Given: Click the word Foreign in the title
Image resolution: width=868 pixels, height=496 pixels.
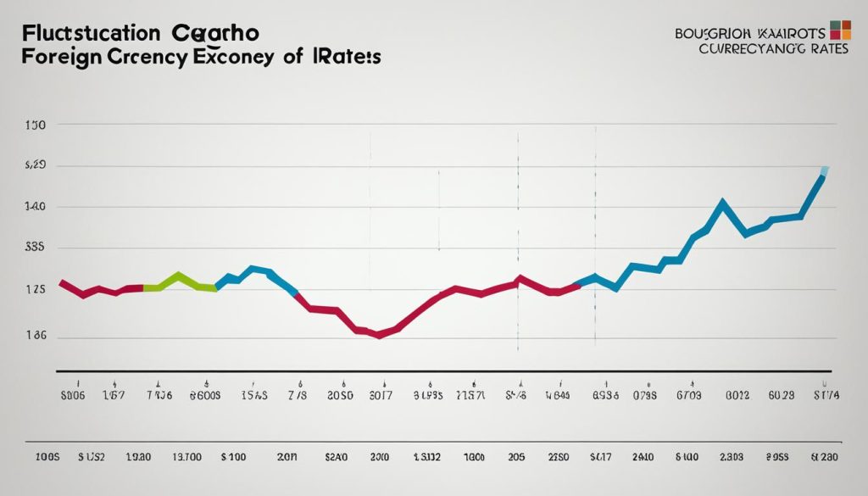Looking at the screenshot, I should (x=58, y=57).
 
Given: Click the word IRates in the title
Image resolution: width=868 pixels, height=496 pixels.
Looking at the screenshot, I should (x=349, y=57).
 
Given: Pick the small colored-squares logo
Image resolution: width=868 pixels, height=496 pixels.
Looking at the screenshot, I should (x=840, y=29).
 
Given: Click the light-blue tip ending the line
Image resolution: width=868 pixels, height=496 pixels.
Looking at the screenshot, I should (x=824, y=172).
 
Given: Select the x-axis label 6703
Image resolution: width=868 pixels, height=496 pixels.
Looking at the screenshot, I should (x=688, y=395).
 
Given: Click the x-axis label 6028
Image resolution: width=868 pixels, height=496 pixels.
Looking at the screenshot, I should (x=781, y=395).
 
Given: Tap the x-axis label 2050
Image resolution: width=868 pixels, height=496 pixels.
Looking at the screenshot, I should (x=340, y=395).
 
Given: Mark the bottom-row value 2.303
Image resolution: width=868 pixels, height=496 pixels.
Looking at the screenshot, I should (x=730, y=457).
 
